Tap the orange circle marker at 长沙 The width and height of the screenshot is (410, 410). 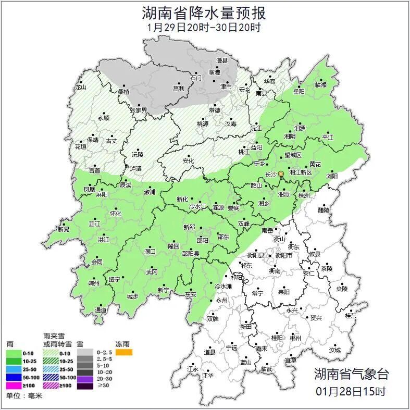coord(281,173)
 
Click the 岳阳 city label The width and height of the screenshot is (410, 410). coord(299,91)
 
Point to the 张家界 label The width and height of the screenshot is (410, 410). coord(139,110)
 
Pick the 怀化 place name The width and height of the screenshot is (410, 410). coord(115,214)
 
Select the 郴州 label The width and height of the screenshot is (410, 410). coord(295,338)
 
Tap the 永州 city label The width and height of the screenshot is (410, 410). coord(222,300)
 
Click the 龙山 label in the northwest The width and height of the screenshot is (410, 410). coord(80,88)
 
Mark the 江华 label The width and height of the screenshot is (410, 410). coord(208,375)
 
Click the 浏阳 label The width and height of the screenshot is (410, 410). coord(332,176)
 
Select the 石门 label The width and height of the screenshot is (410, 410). coord(196,78)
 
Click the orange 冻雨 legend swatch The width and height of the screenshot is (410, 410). coord(124,353)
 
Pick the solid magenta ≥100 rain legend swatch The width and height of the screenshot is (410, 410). coord(14,385)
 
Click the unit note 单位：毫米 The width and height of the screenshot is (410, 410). coord(24,396)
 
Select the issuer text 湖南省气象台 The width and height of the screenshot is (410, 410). coord(351,374)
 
